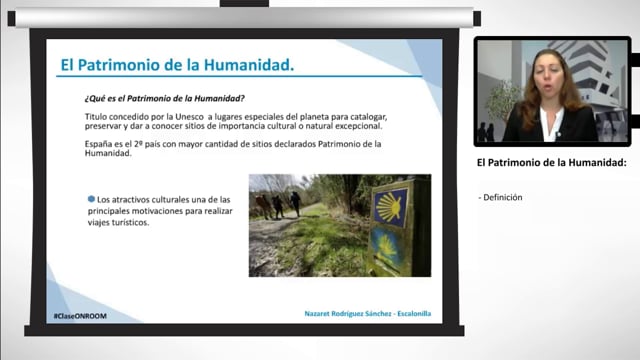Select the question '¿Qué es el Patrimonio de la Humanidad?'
165,97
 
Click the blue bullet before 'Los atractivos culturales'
90,200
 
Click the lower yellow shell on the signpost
388,246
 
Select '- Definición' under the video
501,197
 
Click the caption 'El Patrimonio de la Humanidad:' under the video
551,162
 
